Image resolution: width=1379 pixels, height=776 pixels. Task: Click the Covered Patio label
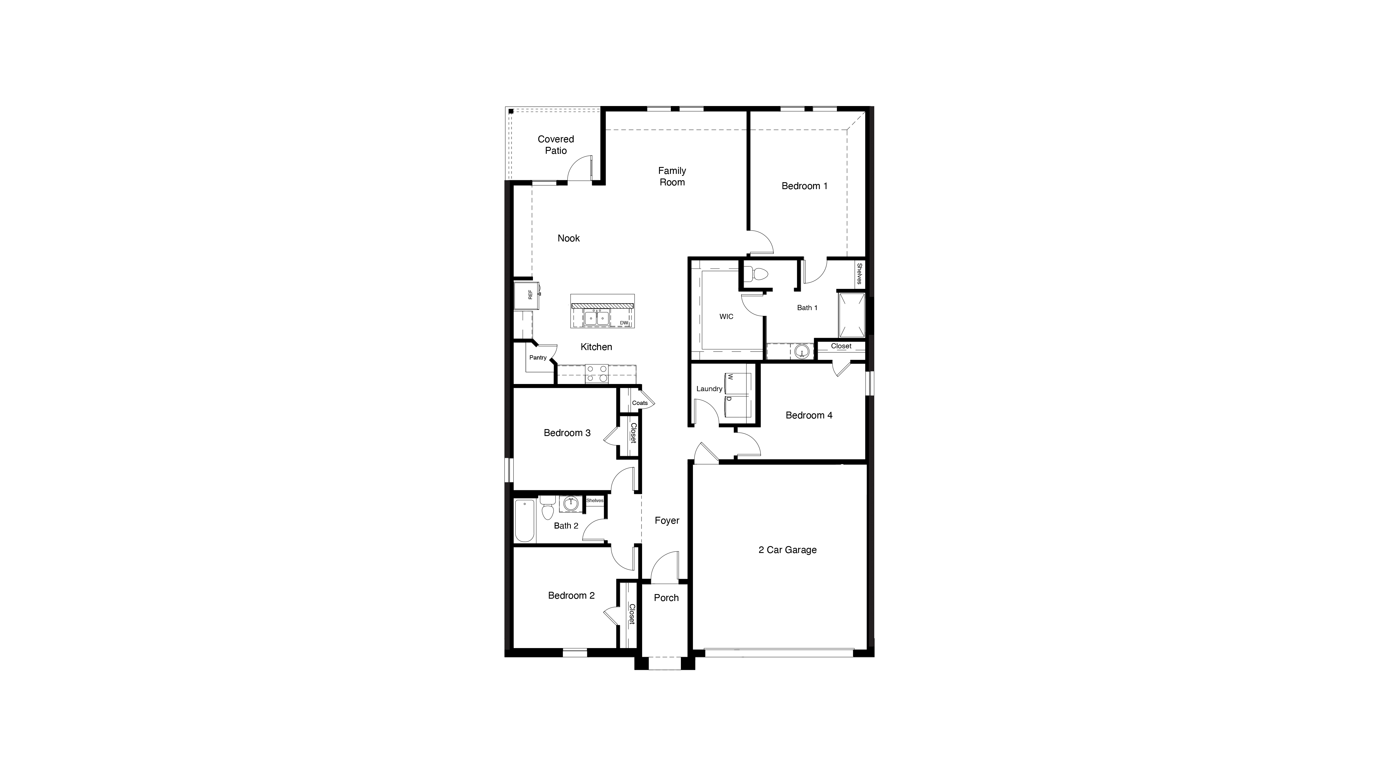coord(556,145)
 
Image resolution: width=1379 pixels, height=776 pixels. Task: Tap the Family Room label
coord(672,176)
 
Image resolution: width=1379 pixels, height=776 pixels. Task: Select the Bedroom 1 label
coord(804,186)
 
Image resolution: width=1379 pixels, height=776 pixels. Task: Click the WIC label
coord(726,316)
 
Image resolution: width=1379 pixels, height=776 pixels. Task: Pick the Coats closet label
coord(640,403)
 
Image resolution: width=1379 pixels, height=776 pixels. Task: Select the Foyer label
coord(667,520)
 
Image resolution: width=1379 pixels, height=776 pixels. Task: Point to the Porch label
coord(666,598)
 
